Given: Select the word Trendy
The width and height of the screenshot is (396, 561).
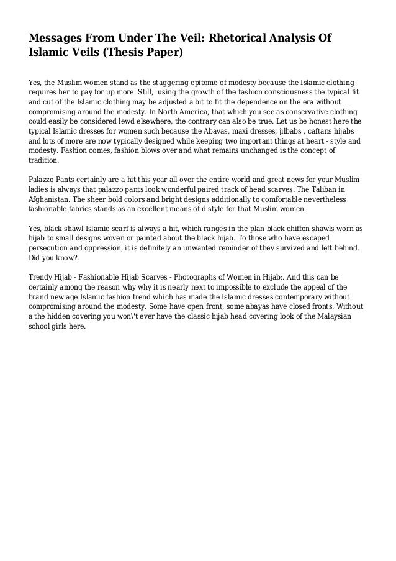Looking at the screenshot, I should click(42, 276).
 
